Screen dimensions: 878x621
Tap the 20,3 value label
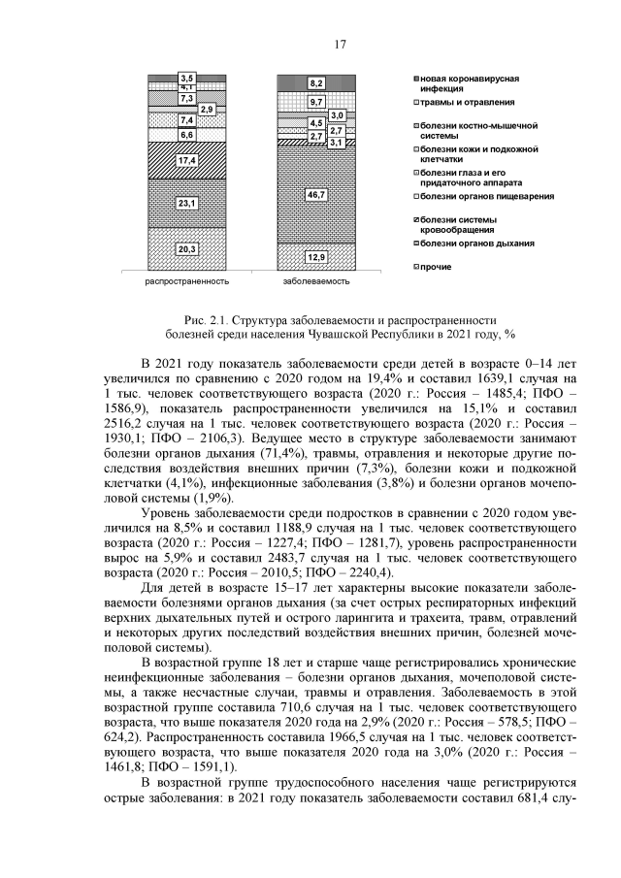(x=187, y=249)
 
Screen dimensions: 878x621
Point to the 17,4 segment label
(x=187, y=160)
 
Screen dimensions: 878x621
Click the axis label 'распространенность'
(x=187, y=282)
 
